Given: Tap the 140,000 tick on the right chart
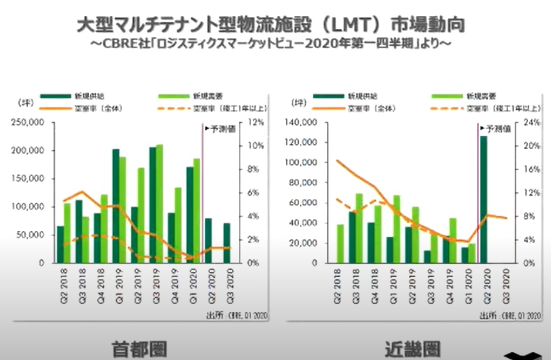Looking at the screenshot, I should pyautogui.click(x=301, y=123).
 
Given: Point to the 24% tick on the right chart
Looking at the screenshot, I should pyautogui.click(x=530, y=123).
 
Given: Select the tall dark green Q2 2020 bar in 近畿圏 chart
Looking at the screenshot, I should pyautogui.click(x=484, y=200).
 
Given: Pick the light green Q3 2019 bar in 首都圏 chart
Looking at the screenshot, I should pyautogui.click(x=159, y=203).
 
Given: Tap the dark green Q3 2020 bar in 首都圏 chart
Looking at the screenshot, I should pyautogui.click(x=227, y=243).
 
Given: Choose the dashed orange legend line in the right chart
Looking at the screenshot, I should pyautogui.click(x=445, y=108).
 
